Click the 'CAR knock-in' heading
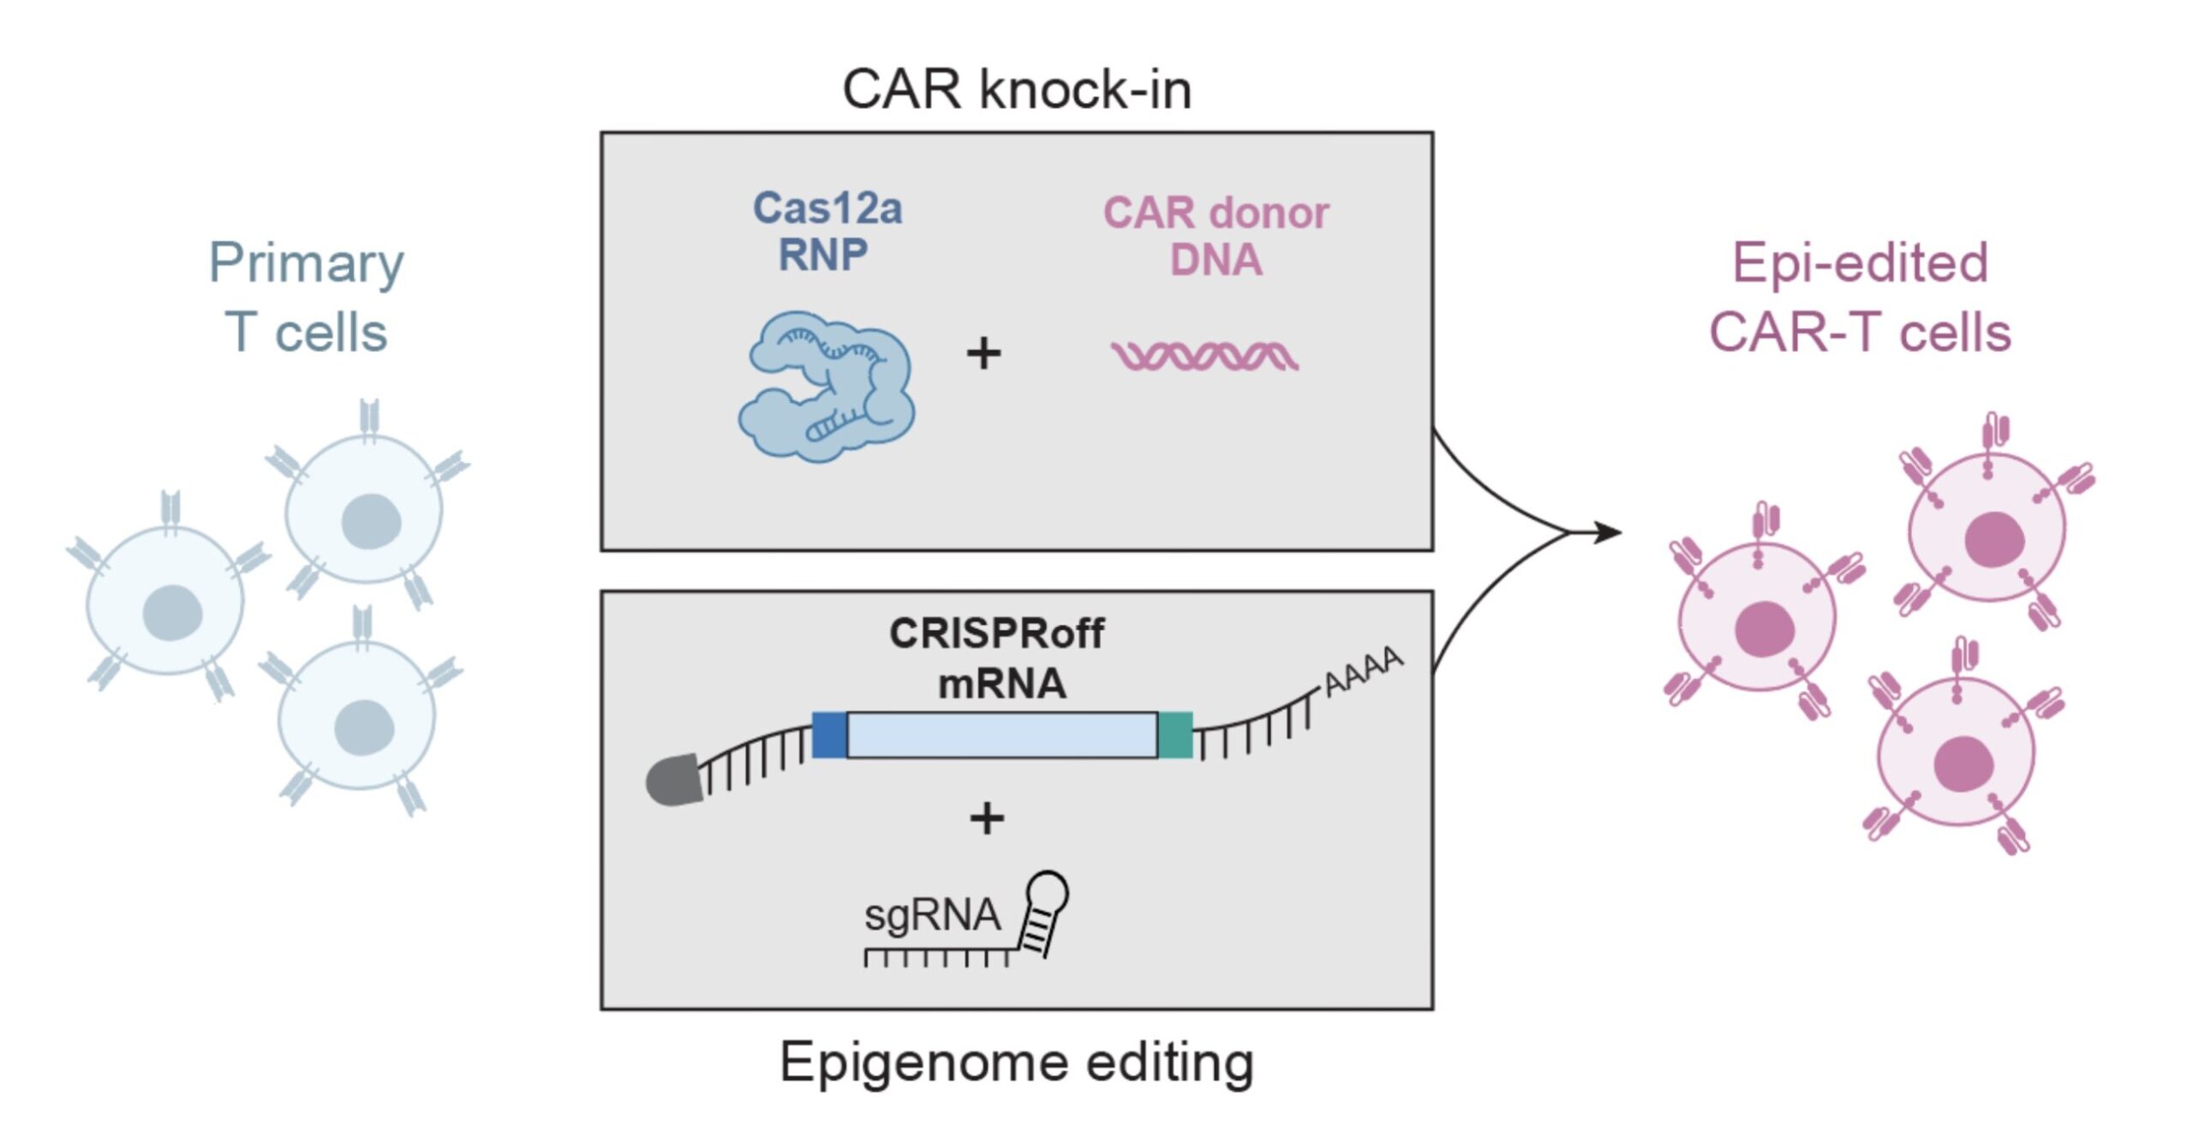click(1017, 89)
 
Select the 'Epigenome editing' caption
click(1017, 1062)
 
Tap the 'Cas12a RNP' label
click(826, 231)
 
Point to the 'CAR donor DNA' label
click(1216, 236)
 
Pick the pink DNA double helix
click(1204, 355)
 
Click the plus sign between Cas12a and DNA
click(983, 354)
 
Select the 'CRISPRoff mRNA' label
click(998, 658)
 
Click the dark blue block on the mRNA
click(829, 734)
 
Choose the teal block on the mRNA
click(1175, 734)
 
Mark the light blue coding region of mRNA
click(1002, 734)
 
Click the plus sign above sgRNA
click(987, 817)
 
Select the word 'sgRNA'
click(932, 915)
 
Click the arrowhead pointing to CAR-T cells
click(1610, 532)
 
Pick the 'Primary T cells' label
click(306, 296)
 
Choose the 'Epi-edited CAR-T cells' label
click(1860, 296)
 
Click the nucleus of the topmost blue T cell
click(371, 521)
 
